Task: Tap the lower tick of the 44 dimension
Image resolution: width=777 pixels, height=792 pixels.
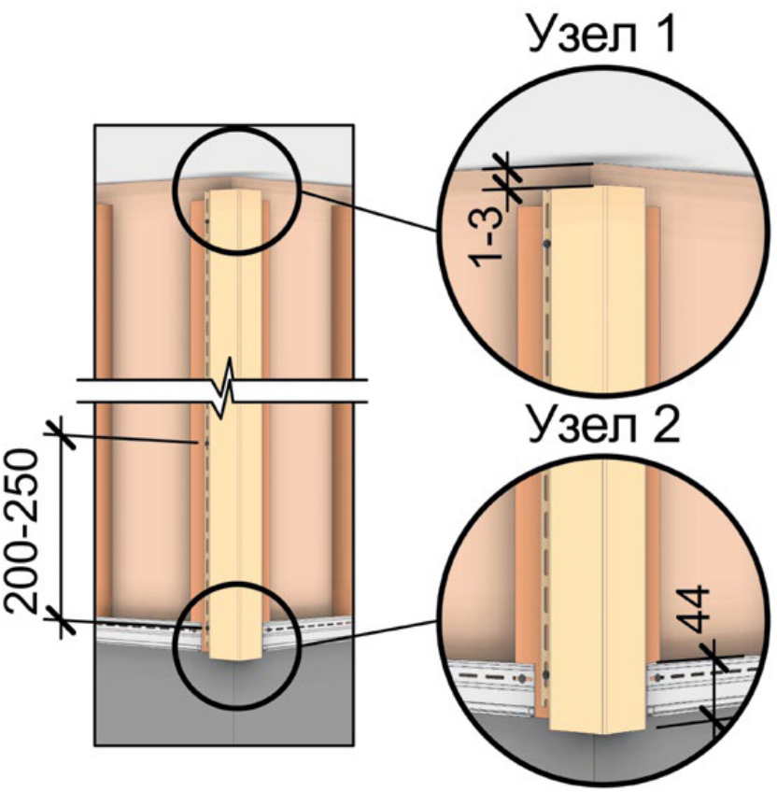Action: (x=717, y=719)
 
